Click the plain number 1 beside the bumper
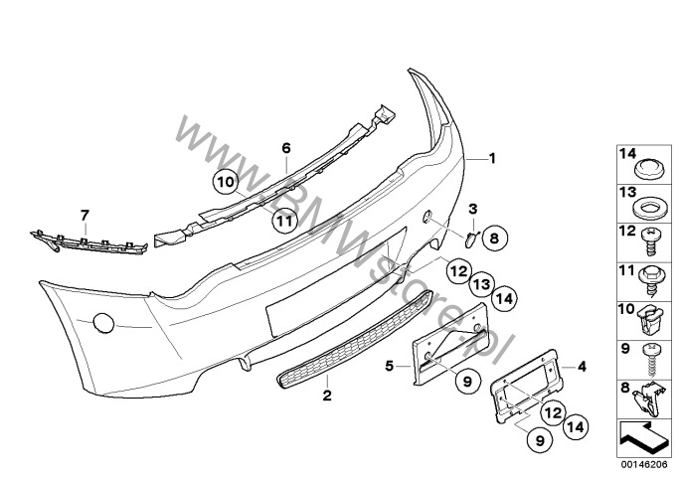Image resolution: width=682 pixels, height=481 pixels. pos(492,158)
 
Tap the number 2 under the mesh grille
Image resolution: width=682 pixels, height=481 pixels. pos(327,396)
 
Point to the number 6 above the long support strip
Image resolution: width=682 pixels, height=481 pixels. pos(286,148)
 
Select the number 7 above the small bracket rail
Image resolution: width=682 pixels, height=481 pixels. pos(85,215)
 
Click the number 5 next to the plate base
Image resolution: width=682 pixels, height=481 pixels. pos(390,366)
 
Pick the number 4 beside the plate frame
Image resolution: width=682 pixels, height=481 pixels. pos(582,367)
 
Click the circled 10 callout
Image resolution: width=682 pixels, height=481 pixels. pos(226,182)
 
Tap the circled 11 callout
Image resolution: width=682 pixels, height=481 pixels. pos(285,221)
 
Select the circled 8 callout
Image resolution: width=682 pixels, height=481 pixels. pos(494,238)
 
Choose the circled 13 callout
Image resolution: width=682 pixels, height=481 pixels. pos(482,285)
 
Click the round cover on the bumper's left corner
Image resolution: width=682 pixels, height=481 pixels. pos(103,324)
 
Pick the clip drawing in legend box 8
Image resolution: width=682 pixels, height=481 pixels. pos(648,400)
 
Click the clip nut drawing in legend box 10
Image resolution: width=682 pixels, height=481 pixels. pos(649,320)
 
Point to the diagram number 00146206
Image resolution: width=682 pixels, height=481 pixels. pos(644,464)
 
